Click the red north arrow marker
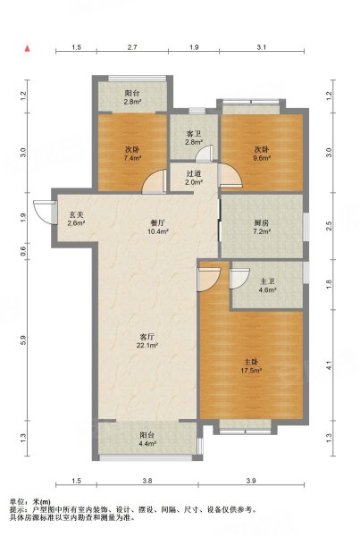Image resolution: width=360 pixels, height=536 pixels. [28, 48]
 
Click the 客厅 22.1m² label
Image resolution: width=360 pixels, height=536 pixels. [147, 340]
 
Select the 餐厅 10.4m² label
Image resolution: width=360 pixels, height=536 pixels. [158, 227]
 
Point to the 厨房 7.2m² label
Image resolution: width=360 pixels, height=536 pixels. [262, 227]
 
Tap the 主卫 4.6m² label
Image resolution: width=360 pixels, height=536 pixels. [267, 286]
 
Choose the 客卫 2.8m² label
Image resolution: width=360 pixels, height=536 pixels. [194, 138]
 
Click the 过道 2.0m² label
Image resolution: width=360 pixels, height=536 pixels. [194, 178]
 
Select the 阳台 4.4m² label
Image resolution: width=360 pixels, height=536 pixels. [147, 440]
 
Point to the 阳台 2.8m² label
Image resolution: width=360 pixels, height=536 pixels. [132, 97]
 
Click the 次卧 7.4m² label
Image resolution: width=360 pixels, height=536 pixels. [132, 154]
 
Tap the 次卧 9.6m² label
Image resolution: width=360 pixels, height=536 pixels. [262, 154]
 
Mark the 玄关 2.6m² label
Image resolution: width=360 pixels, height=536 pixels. [76, 219]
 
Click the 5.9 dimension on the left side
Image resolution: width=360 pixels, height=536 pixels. [23, 339]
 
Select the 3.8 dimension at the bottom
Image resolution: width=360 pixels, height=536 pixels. [147, 481]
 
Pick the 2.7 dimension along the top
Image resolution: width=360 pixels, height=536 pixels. [132, 47]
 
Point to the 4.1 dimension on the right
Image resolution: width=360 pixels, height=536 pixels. [330, 365]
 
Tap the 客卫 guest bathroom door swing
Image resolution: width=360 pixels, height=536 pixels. [205, 153]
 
